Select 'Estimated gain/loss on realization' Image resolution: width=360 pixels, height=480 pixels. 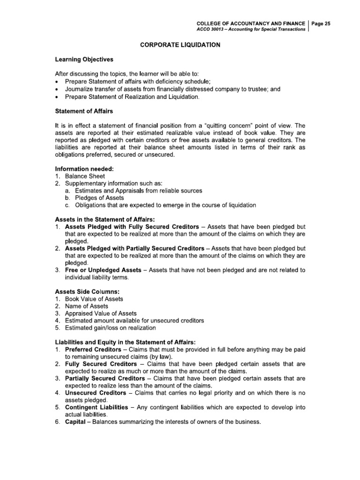pyautogui.click(x=113, y=328)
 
